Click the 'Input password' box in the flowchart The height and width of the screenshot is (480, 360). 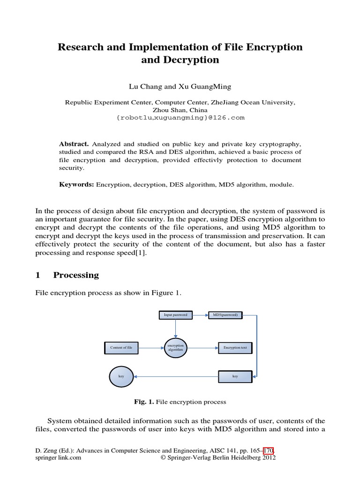[175, 315]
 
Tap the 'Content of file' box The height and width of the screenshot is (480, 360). [121, 348]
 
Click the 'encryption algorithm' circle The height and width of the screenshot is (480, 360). [175, 348]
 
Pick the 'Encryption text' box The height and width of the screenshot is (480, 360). [235, 348]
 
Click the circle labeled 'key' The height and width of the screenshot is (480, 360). [120, 376]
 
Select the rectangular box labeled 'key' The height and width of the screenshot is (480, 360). [235, 376]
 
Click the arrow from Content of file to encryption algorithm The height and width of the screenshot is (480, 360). [151, 348]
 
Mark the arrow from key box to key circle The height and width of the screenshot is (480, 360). [176, 376]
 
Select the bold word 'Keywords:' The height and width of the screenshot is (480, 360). [76, 185]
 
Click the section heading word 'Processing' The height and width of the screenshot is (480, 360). [76, 275]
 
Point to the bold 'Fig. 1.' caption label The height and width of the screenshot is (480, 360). [144, 402]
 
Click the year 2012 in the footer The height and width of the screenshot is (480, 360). [268, 458]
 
